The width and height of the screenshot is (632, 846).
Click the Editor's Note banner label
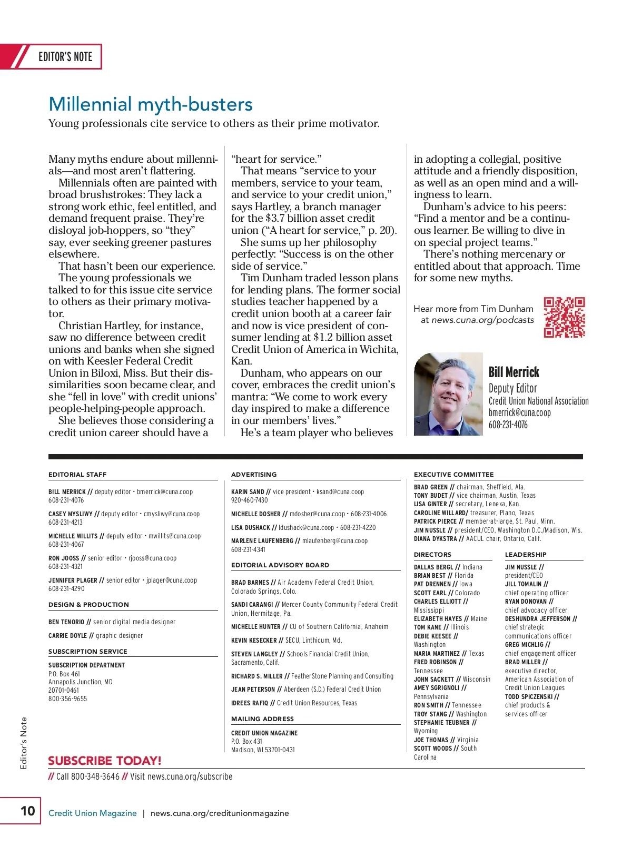click(x=65, y=57)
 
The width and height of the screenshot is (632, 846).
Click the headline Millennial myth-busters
click(x=151, y=104)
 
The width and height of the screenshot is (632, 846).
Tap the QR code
click(x=564, y=317)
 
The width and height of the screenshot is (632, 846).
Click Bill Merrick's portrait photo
click(x=448, y=394)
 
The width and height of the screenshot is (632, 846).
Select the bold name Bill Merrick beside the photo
click(x=513, y=372)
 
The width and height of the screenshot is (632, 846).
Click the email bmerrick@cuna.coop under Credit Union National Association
click(x=519, y=412)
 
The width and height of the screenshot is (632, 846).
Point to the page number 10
click(x=27, y=810)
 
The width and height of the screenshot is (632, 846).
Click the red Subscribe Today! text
click(x=105, y=761)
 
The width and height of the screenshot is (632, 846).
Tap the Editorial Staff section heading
click(x=77, y=475)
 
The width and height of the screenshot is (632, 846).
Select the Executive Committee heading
click(x=453, y=475)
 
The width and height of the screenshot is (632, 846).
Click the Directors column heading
click(x=432, y=555)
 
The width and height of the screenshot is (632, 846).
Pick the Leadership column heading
click(x=526, y=555)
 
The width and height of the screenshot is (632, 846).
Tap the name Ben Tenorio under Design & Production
click(x=66, y=622)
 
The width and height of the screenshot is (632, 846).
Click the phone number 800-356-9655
click(x=67, y=699)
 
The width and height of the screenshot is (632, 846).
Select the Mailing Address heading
click(x=262, y=719)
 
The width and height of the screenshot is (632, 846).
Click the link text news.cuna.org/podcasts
click(x=482, y=320)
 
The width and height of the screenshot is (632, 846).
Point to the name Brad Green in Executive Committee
click(x=430, y=487)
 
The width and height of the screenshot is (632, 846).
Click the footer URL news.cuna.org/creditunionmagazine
click(x=220, y=813)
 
